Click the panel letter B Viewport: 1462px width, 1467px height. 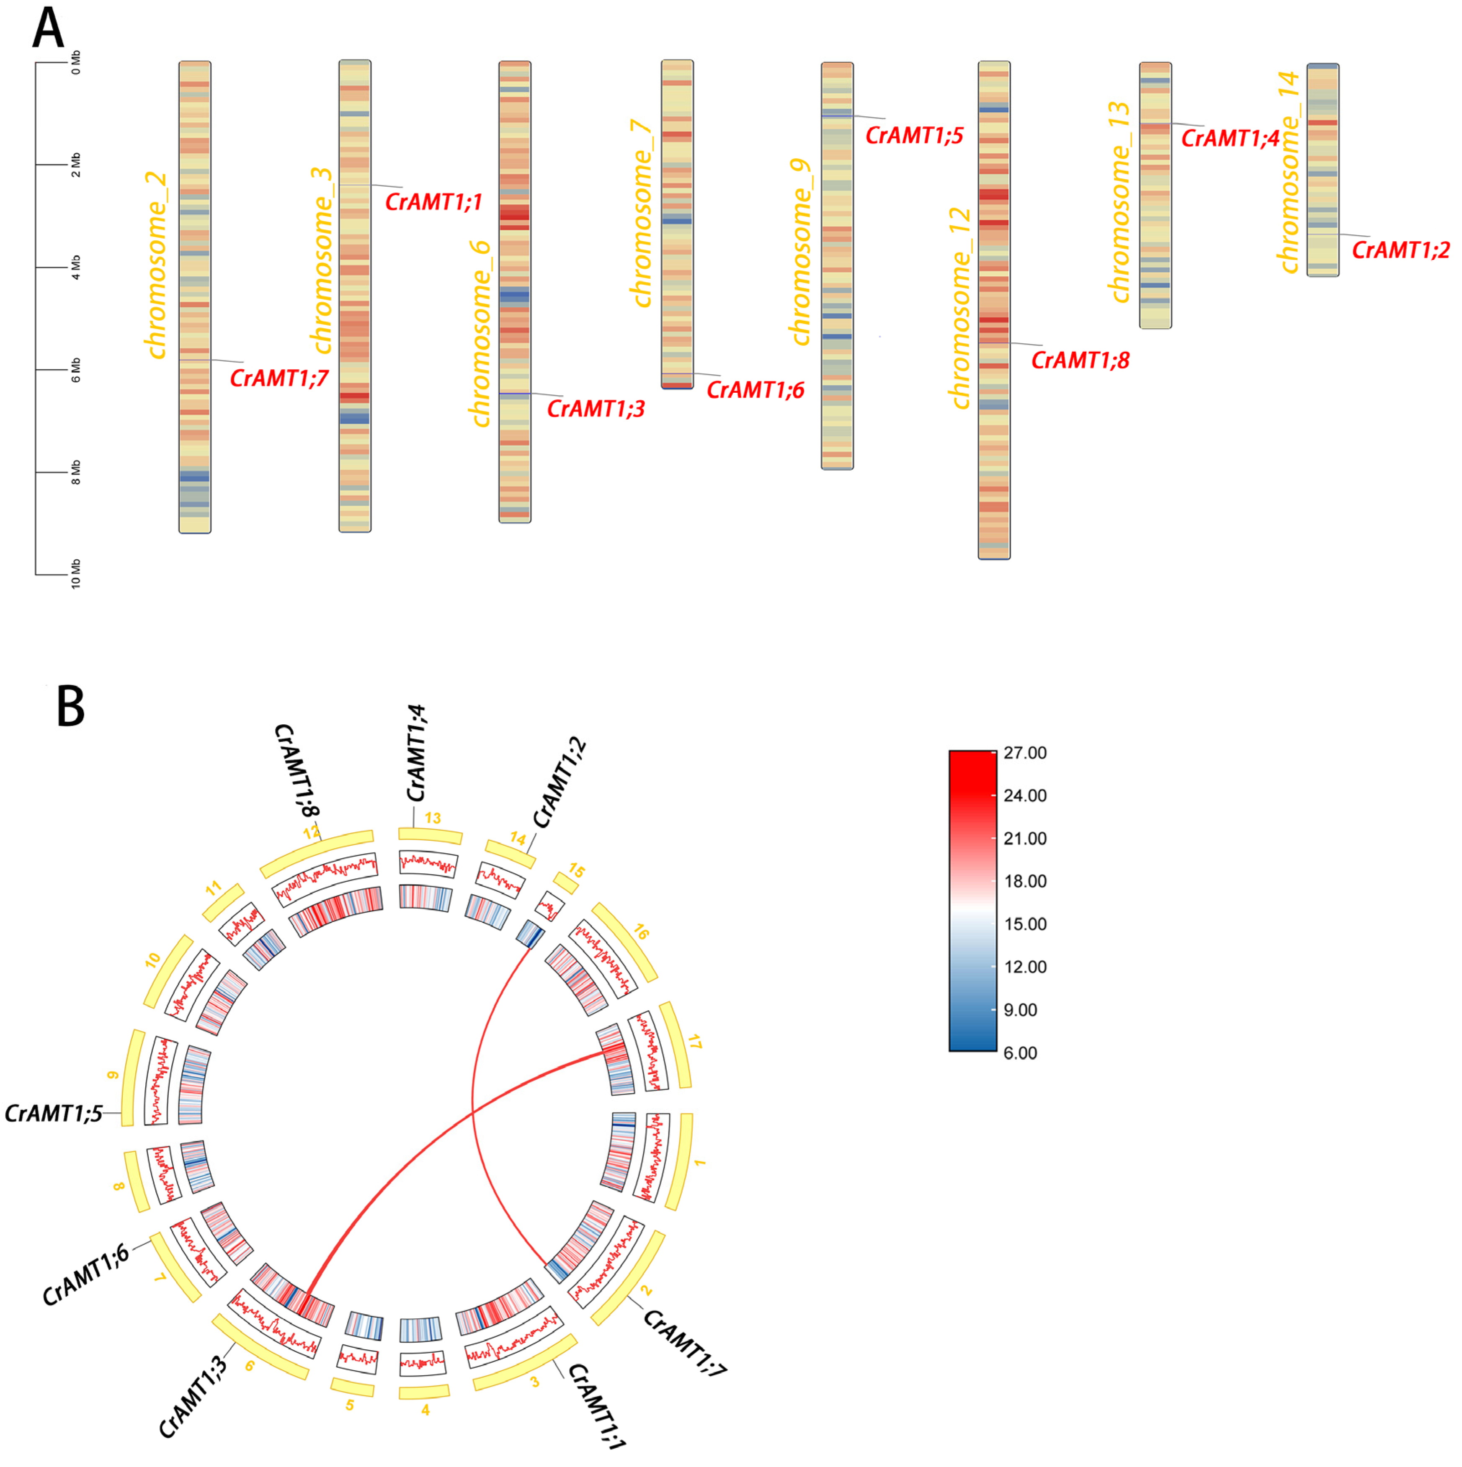(x=71, y=707)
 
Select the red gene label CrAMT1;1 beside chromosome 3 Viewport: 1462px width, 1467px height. (x=434, y=203)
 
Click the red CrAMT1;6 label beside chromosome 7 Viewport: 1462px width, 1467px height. (x=755, y=390)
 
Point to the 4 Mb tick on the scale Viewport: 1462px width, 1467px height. (x=76, y=267)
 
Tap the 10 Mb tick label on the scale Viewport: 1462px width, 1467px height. (x=76, y=574)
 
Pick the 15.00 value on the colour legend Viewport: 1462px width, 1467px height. (x=1024, y=924)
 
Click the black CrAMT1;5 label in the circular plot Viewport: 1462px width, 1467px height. (x=53, y=1113)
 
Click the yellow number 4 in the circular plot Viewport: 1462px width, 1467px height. (x=425, y=1410)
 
